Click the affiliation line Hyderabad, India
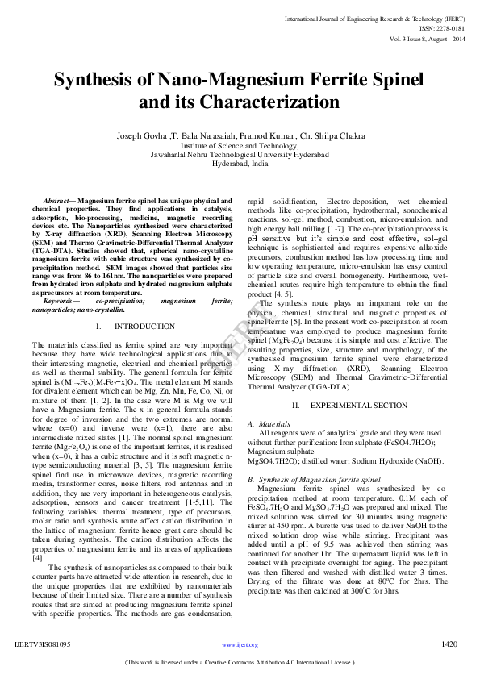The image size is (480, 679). (x=240, y=163)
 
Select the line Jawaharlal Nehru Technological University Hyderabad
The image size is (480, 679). (x=240, y=153)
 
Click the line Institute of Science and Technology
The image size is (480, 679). (x=240, y=144)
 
